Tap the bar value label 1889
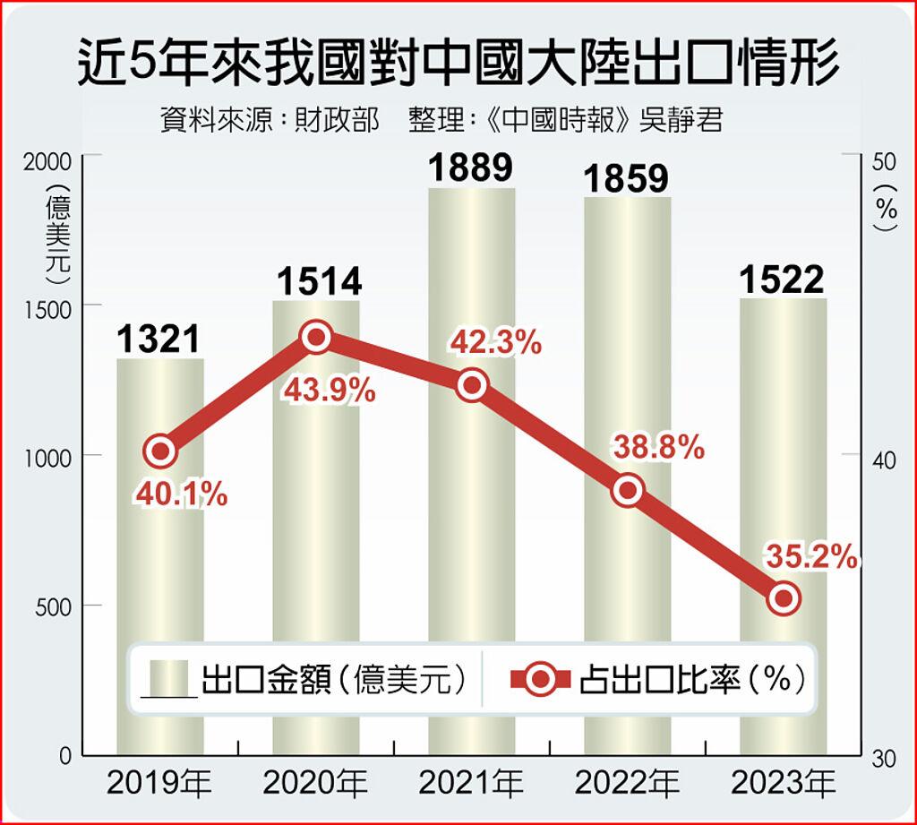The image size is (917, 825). click(470, 168)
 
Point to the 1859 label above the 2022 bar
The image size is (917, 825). click(626, 178)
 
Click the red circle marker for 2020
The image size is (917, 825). click(316, 338)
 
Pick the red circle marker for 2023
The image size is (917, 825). click(784, 597)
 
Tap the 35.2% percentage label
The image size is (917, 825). click(811, 557)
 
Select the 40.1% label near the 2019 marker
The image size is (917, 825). click(183, 493)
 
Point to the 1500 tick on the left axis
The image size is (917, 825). click(45, 306)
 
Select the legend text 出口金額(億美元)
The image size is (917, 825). click(335, 680)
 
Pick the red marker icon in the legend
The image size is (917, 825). click(540, 680)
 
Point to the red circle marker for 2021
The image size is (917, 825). click(472, 385)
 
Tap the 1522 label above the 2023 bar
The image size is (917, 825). click(782, 280)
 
